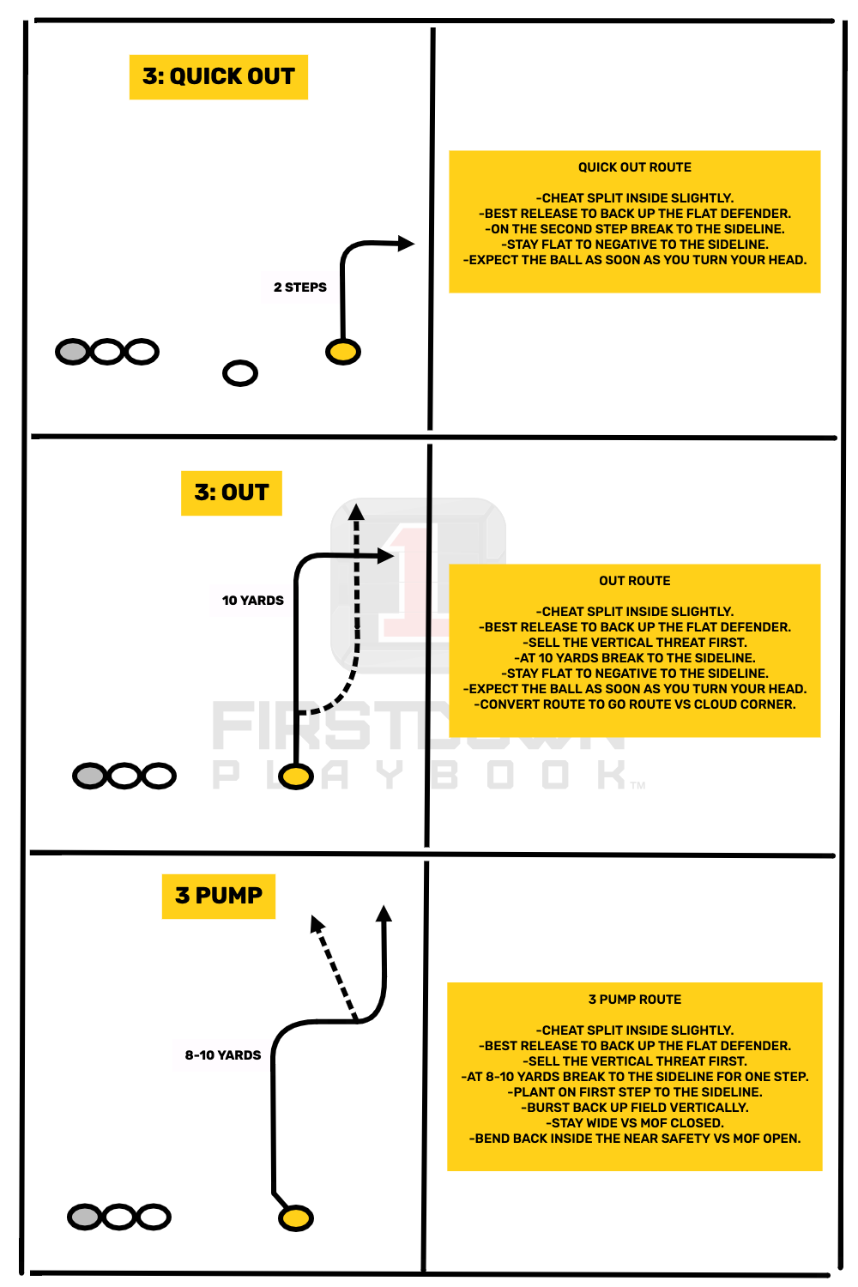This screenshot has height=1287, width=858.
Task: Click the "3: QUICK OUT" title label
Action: [x=218, y=77]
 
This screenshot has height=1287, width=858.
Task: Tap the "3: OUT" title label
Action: [x=231, y=492]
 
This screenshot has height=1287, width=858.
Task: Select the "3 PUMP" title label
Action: [x=218, y=896]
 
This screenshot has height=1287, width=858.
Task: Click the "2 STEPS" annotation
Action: [x=299, y=287]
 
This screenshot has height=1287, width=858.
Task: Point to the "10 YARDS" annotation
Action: [x=252, y=601]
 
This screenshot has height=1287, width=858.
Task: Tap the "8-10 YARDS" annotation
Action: [x=222, y=1055]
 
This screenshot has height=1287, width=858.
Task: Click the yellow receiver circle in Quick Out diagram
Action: [x=343, y=352]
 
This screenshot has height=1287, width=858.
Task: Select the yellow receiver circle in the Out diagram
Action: [x=296, y=776]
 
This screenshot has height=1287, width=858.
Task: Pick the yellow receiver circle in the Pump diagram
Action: [x=296, y=1218]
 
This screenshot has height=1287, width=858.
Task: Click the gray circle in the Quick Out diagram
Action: [x=73, y=352]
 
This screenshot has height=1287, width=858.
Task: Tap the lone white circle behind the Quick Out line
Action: [x=240, y=373]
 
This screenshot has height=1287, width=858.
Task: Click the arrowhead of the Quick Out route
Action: [x=406, y=244]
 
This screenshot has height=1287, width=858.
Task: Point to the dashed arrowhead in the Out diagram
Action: [x=356, y=512]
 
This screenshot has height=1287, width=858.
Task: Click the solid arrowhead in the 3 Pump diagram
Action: [x=384, y=914]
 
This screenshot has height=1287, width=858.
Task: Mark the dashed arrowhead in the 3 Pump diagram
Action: [x=317, y=924]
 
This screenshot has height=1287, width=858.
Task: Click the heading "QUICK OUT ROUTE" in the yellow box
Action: [x=634, y=167]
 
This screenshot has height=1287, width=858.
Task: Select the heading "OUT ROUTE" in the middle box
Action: [x=634, y=581]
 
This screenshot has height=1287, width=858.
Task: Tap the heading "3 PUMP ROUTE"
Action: [x=634, y=1000]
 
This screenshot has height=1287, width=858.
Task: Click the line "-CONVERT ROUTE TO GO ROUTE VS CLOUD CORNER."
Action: [x=634, y=704]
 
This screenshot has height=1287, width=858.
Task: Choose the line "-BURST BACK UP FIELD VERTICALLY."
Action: [x=634, y=1108]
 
